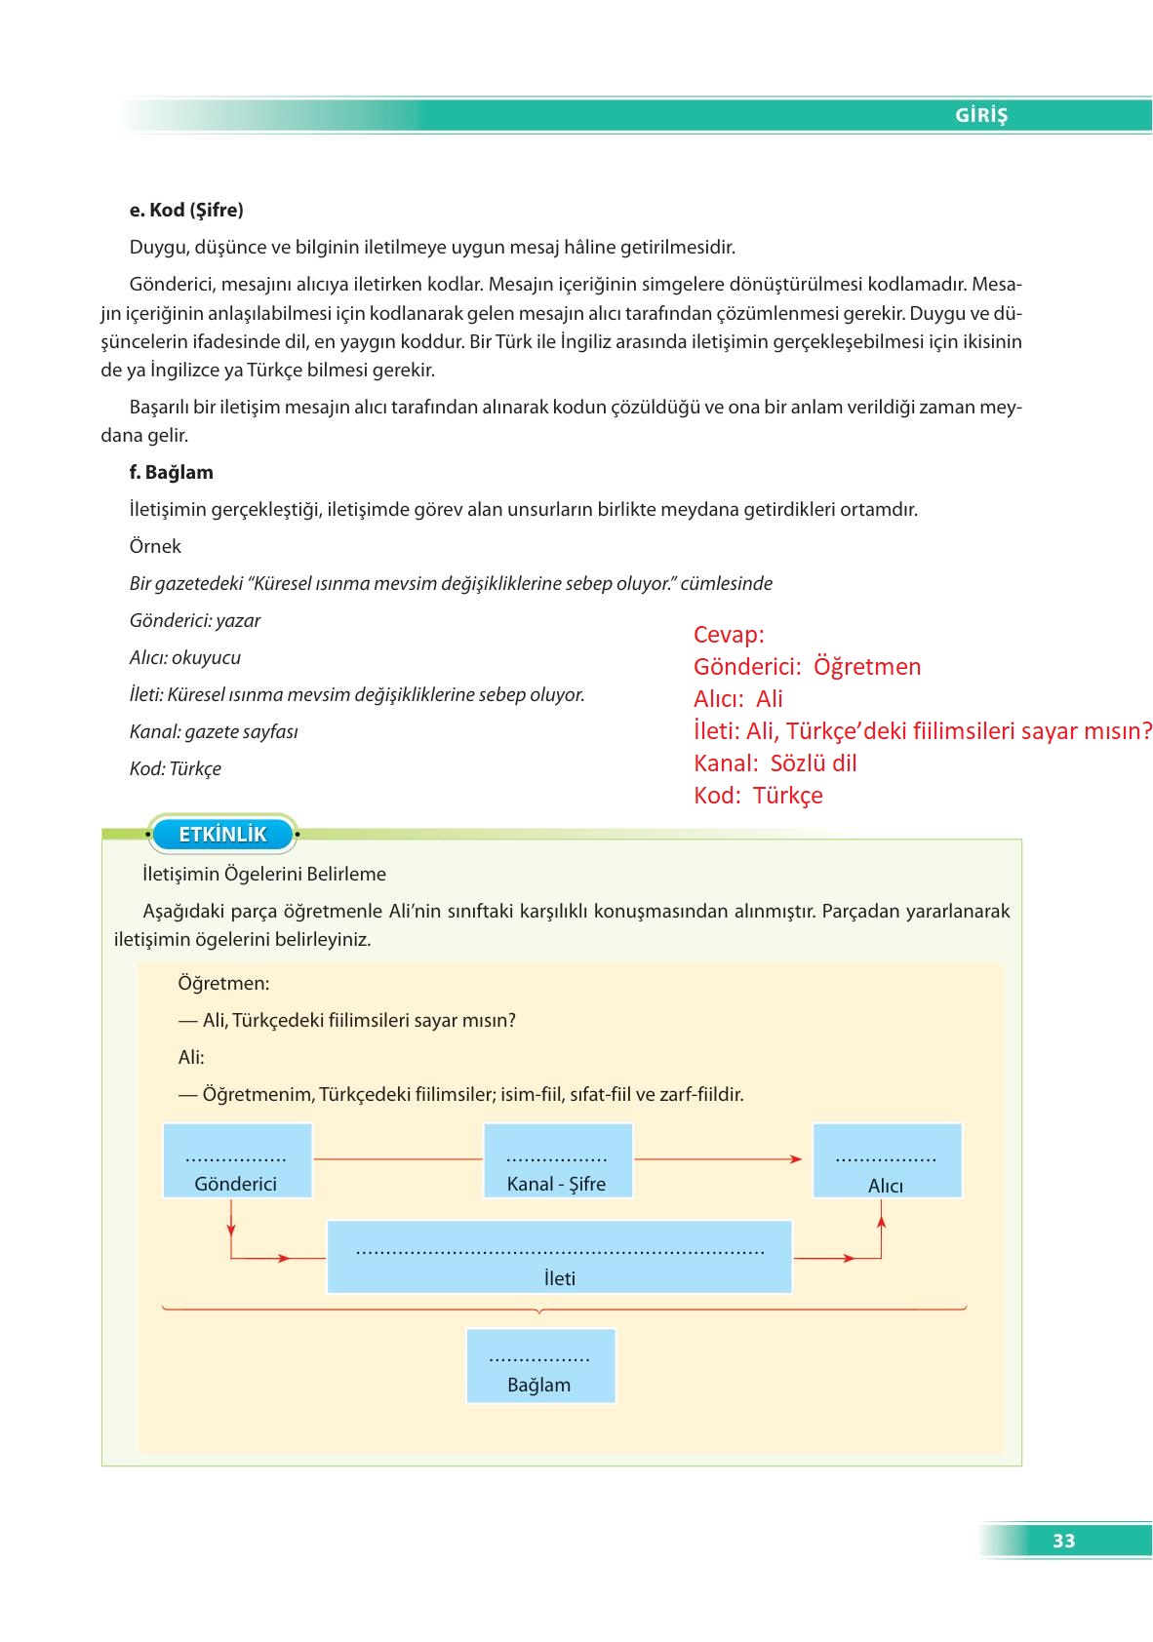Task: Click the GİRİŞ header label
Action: tap(980, 115)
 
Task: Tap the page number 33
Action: tap(1063, 1541)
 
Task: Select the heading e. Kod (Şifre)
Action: tap(186, 210)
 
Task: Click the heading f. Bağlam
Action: tap(171, 472)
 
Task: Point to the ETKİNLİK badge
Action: tap(222, 835)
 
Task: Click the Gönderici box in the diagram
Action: tap(237, 1160)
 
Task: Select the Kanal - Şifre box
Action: tap(557, 1160)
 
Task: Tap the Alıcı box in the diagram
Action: tap(887, 1160)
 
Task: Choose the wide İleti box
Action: tap(559, 1257)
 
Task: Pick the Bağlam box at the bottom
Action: tap(540, 1366)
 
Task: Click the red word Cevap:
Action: tap(729, 635)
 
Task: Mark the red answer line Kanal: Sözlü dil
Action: tap(775, 763)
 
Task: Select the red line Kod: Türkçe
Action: tap(758, 796)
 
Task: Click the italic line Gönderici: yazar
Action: tap(195, 620)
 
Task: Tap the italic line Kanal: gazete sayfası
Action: tap(214, 731)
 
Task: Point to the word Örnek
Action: tap(155, 546)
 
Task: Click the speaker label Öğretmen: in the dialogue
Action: tap(223, 983)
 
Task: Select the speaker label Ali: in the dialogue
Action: tap(191, 1057)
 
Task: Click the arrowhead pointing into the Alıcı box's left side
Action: tap(796, 1159)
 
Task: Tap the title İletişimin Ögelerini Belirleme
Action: tap(264, 874)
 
